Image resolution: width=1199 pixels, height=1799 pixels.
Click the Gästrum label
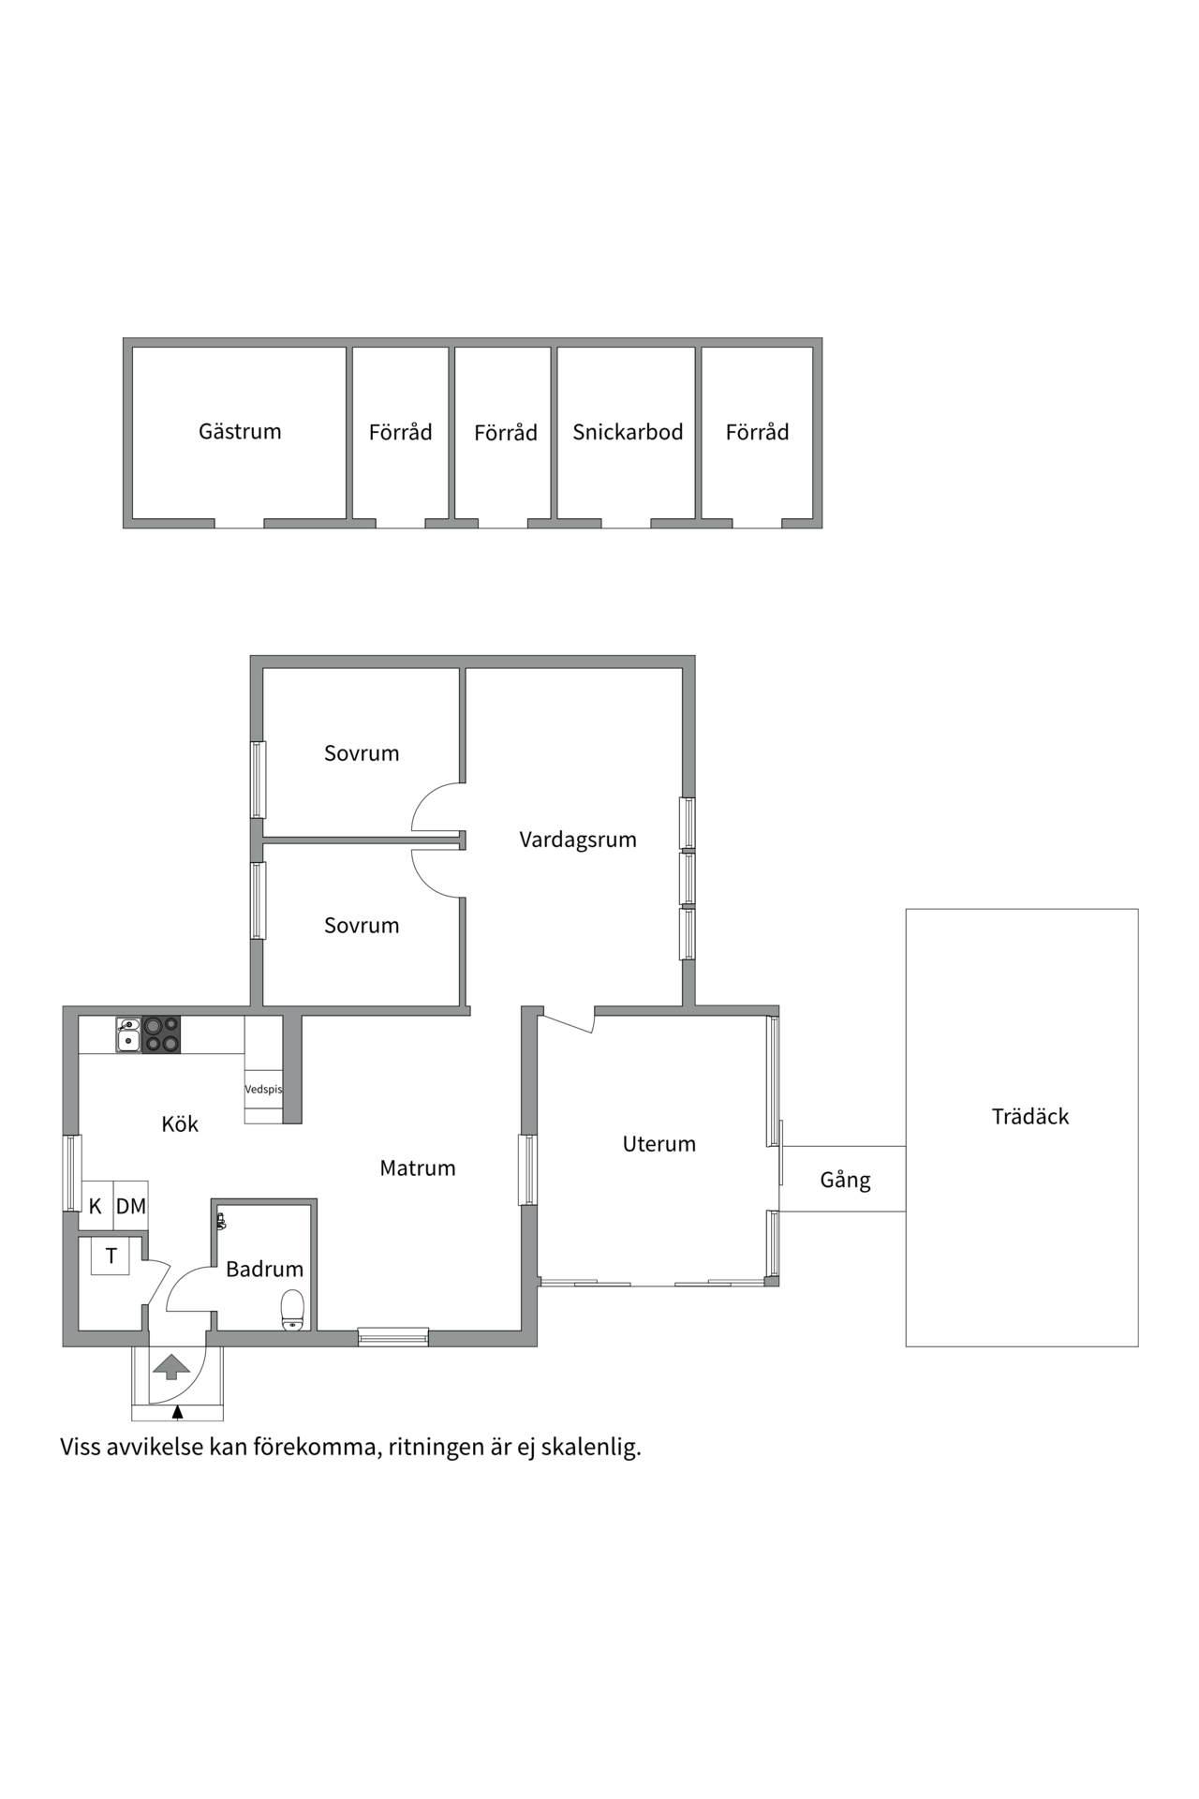[x=240, y=432]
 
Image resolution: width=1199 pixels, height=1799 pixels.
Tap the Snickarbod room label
[x=628, y=433]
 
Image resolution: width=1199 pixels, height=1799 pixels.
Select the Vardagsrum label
[x=578, y=840]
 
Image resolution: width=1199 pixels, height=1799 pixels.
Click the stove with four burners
[x=161, y=1034]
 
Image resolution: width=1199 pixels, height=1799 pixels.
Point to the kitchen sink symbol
[x=128, y=1034]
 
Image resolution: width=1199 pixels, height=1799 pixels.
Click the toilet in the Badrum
[x=293, y=1309]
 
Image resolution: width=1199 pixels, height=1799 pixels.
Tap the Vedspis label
[x=263, y=1090]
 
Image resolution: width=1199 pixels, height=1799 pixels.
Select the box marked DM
[x=131, y=1207]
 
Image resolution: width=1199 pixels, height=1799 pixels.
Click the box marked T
[x=111, y=1256]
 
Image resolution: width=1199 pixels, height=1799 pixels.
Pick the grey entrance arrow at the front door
[x=170, y=1367]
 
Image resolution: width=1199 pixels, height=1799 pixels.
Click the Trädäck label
[x=1030, y=1117]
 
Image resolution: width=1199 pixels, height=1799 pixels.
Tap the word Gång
[x=845, y=1181]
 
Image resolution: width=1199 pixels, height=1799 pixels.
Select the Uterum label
[x=659, y=1144]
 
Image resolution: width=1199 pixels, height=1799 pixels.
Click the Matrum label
[x=418, y=1168]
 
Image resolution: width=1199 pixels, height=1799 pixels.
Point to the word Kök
[x=180, y=1124]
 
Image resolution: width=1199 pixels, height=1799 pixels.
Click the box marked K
[x=96, y=1207]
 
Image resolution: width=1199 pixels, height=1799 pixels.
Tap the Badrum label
[x=265, y=1270]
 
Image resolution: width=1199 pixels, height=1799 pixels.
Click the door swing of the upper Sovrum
[x=435, y=809]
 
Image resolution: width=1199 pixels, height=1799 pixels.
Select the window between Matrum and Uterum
[x=528, y=1169]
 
